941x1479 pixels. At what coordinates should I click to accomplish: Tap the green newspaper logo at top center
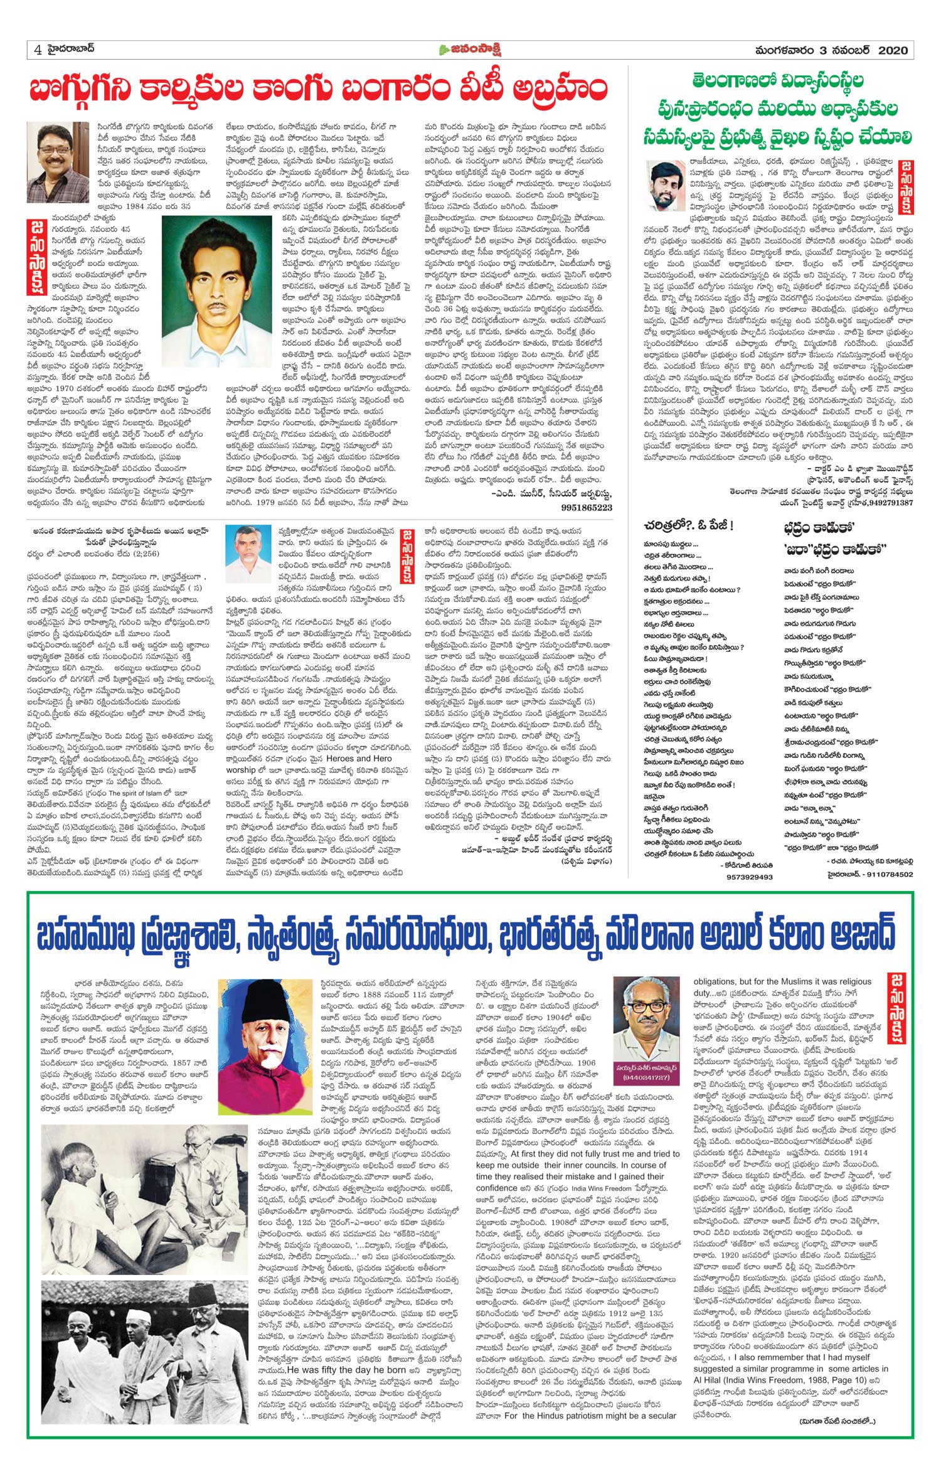click(471, 50)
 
